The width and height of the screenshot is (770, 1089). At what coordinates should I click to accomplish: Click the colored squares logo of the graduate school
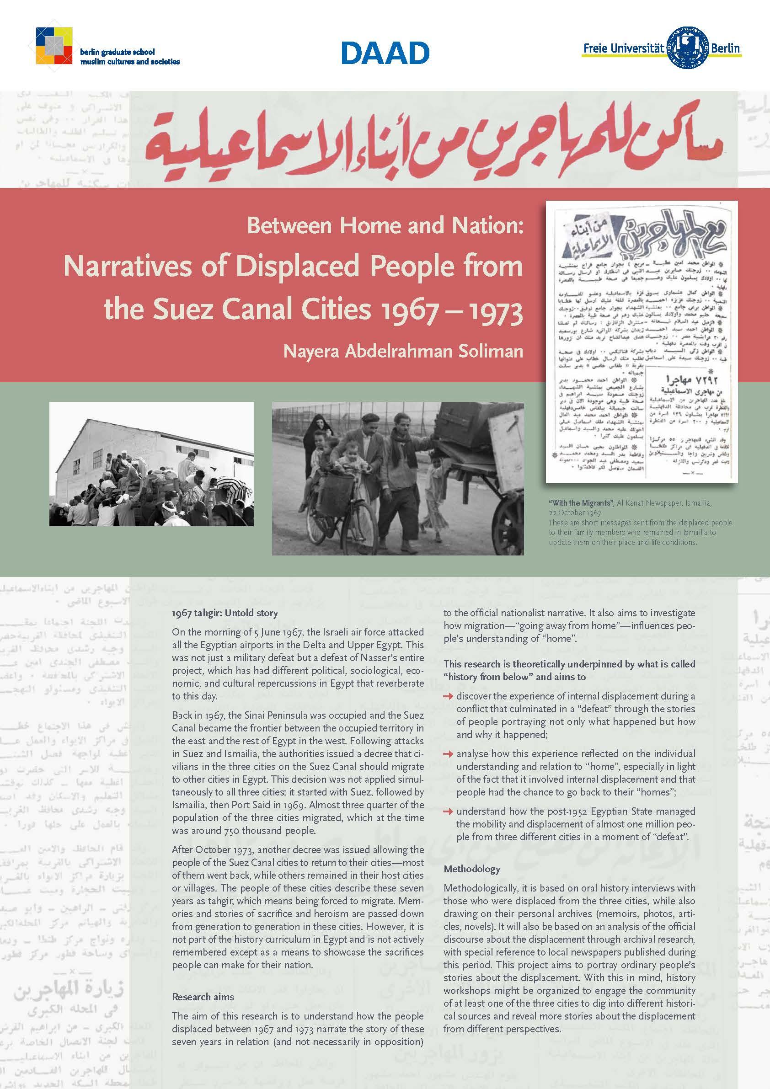pyautogui.click(x=53, y=46)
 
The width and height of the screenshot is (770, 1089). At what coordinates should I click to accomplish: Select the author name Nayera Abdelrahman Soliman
pyautogui.click(x=403, y=352)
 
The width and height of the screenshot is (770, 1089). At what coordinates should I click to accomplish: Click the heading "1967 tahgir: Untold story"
pyautogui.click(x=225, y=613)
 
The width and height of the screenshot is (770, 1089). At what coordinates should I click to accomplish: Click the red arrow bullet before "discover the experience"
pyautogui.click(x=449, y=696)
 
